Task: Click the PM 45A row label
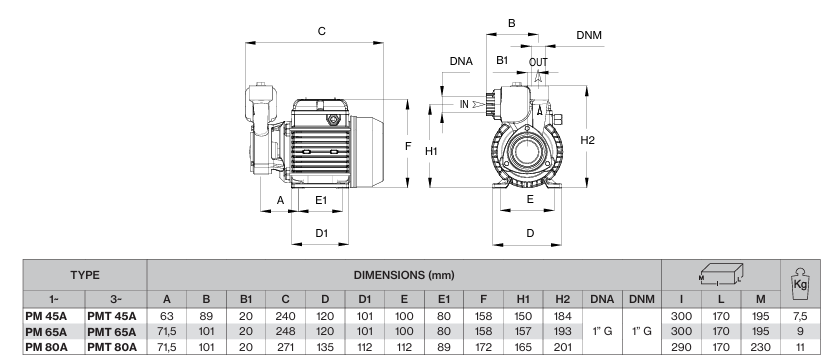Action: click(46, 316)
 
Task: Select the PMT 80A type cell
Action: click(112, 347)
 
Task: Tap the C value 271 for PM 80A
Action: click(285, 347)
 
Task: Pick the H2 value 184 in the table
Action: click(562, 316)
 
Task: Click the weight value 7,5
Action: click(800, 316)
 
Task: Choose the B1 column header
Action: click(246, 300)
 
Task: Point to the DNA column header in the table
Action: click(602, 300)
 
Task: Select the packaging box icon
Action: click(721, 274)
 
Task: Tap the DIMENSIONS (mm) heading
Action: click(404, 275)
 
